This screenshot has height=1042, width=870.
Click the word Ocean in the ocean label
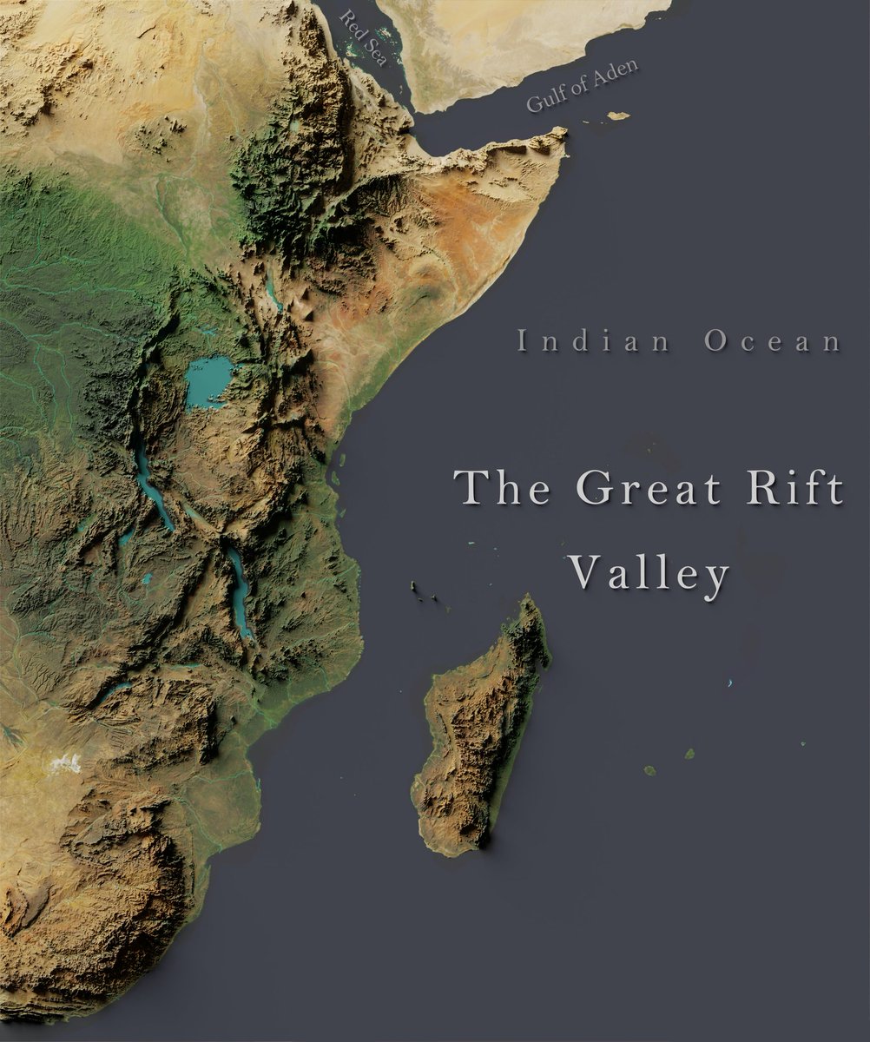pos(772,341)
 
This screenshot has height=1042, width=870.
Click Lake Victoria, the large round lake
pos(209,381)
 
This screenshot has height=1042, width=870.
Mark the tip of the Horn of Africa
pos(563,133)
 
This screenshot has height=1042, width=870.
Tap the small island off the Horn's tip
pos(618,115)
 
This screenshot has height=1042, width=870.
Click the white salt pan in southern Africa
pos(65,763)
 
